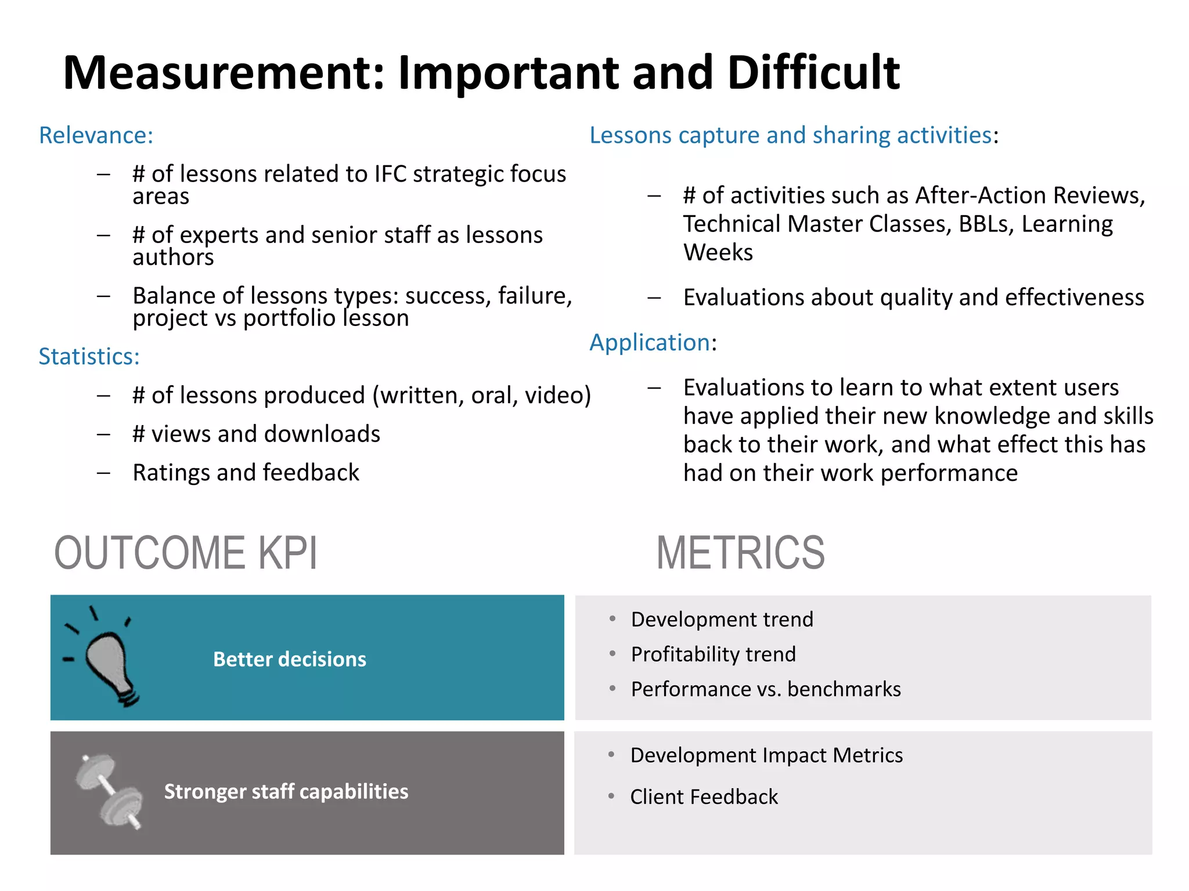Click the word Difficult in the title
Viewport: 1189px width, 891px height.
click(x=813, y=73)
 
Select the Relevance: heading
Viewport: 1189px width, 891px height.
click(x=96, y=135)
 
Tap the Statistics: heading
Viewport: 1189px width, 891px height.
click(x=89, y=356)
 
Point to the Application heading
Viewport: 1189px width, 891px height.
click(x=650, y=342)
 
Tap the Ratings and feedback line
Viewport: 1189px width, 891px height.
click(x=246, y=472)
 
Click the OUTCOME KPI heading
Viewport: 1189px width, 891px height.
click(x=186, y=553)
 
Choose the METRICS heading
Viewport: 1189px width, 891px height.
click(x=740, y=553)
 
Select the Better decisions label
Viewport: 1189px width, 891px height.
click(x=290, y=659)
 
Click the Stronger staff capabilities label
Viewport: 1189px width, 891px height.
click(x=286, y=791)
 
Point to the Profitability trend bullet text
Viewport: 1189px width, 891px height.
click(x=713, y=654)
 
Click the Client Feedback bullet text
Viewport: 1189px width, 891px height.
click(x=704, y=797)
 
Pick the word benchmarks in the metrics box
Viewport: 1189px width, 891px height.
click(x=844, y=689)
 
